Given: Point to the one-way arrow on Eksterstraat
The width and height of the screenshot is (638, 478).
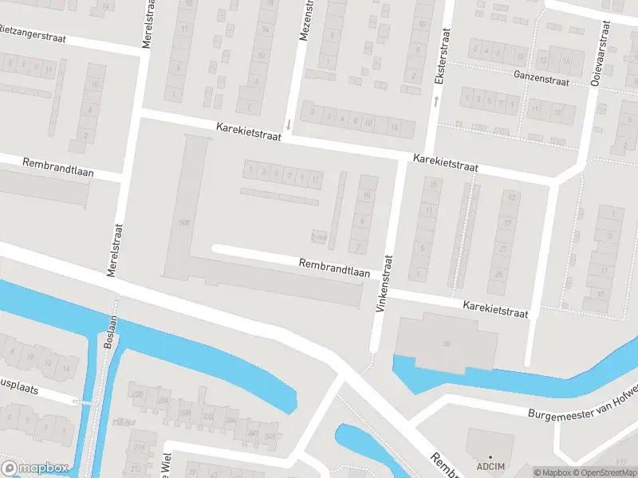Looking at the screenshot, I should pos(436,101).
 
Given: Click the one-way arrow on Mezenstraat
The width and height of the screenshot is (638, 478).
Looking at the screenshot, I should pos(288,123).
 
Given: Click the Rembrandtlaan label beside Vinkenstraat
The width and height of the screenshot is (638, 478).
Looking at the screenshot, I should pos(334,267).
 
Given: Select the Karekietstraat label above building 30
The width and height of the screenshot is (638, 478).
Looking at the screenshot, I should pos(496,310).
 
